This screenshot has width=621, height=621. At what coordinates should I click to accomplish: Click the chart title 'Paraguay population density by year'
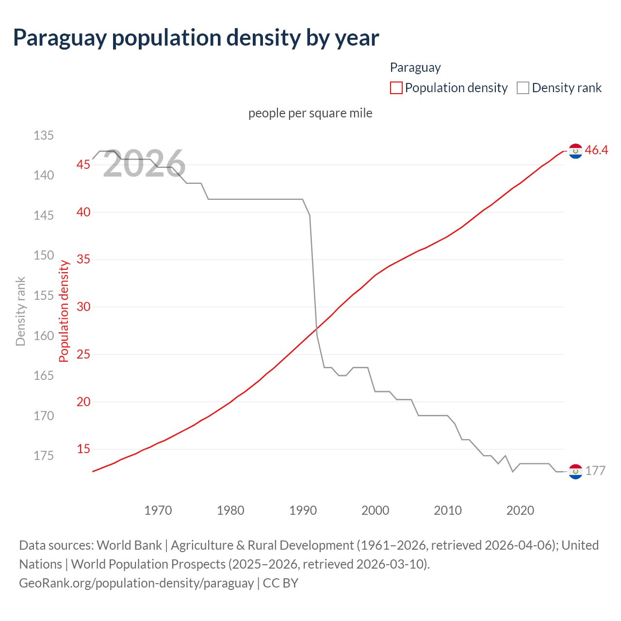(x=196, y=38)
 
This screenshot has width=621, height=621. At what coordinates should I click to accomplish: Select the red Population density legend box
(x=396, y=88)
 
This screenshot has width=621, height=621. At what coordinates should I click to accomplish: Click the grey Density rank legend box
(x=523, y=88)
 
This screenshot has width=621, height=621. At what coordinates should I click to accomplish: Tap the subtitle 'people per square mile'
(x=310, y=113)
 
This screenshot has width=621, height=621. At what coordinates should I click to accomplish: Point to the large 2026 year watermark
(x=144, y=163)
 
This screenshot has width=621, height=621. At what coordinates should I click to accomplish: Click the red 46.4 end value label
(x=596, y=150)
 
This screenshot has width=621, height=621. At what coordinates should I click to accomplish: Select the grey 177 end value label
(x=595, y=471)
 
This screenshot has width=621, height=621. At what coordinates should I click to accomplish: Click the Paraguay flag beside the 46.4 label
(x=575, y=151)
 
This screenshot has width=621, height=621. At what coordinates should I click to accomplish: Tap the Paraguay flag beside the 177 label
(x=575, y=471)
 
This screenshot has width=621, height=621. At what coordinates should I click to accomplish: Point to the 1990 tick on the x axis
(x=303, y=510)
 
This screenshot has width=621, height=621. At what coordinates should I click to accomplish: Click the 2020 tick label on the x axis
(x=520, y=510)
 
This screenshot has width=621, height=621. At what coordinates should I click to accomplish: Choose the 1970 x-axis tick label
(x=158, y=510)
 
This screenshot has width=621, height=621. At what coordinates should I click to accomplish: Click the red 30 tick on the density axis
(x=83, y=307)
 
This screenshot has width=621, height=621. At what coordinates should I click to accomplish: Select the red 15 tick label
(x=83, y=449)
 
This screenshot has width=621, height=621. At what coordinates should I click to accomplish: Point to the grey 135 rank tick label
(x=44, y=135)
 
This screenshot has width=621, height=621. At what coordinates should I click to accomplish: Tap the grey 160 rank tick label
(x=44, y=336)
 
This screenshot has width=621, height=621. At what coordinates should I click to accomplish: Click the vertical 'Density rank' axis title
(x=20, y=311)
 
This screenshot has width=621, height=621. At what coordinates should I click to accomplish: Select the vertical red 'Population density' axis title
(x=64, y=311)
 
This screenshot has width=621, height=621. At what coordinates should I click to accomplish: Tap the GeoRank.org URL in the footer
(x=136, y=583)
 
